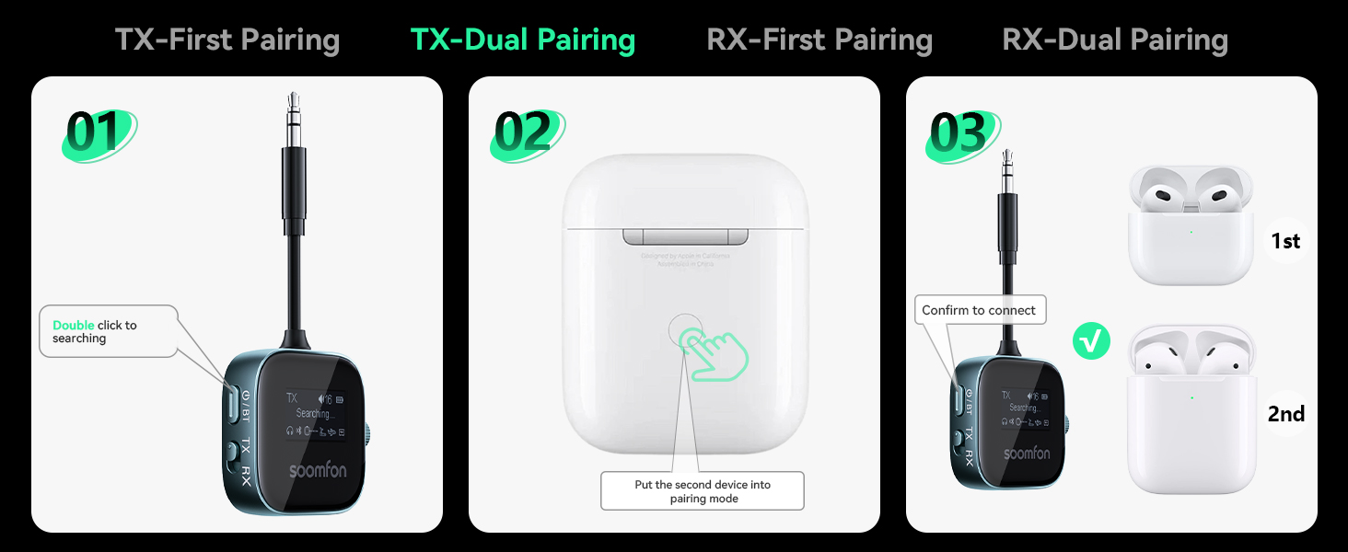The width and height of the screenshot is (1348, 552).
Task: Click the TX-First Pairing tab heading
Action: coord(227,40)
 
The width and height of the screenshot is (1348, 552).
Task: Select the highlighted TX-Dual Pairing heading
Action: coord(522,40)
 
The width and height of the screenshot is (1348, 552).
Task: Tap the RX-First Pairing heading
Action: coord(819,40)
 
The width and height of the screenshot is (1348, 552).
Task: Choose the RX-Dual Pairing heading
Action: coord(1115,40)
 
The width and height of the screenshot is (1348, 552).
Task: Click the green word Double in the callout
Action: coord(74,325)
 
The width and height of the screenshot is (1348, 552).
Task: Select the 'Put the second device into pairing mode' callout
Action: coord(702,491)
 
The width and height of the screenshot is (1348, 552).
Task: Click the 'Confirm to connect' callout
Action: coord(979,311)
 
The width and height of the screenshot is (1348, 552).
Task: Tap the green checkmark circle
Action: coord(1092,342)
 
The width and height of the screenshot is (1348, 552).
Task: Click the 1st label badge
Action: coord(1285,241)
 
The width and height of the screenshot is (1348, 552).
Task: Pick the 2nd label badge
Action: coord(1285,414)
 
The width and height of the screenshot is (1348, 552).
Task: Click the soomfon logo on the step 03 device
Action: coord(1026,454)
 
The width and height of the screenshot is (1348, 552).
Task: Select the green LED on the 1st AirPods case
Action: coord(1191,231)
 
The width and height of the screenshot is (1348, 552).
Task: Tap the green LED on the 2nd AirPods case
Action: coord(1191,397)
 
